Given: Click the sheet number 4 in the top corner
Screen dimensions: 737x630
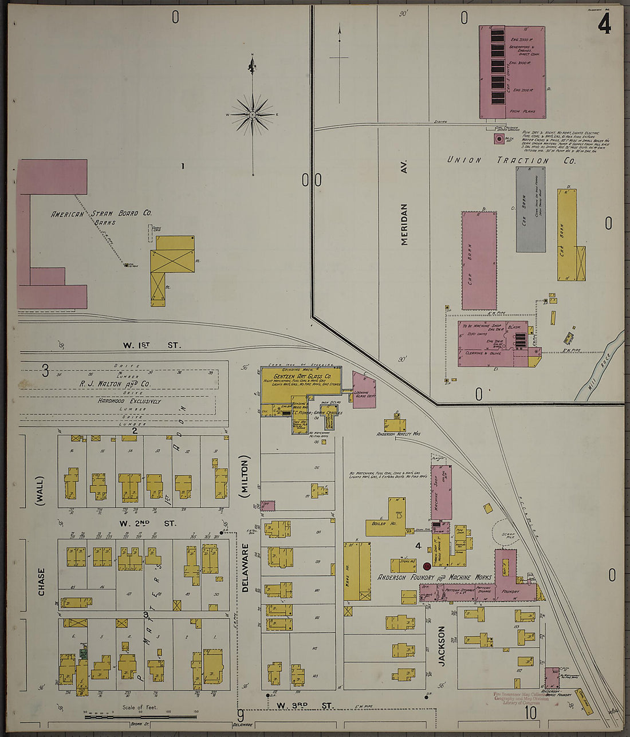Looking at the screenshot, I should coord(604,23).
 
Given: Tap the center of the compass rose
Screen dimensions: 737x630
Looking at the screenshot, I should coord(252,115).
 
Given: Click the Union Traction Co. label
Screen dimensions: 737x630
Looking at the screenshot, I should coord(511,160).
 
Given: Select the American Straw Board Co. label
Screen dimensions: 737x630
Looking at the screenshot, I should coord(101,214).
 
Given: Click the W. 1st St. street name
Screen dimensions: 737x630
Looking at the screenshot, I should coord(152,345).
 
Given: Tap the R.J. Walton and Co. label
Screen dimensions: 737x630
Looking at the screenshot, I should coord(123,384).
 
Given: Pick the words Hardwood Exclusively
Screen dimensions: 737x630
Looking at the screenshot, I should coord(129,401).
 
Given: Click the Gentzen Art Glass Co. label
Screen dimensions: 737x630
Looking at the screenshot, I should coord(302,376).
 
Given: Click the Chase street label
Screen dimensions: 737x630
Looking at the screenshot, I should coord(41,581).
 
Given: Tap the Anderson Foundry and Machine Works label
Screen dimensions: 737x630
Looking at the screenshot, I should coord(434,577).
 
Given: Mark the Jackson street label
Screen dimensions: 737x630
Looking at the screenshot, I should coord(442,645).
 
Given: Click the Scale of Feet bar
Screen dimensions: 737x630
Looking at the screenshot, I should coord(140,715).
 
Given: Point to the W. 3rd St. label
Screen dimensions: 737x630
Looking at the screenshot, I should coord(304,706).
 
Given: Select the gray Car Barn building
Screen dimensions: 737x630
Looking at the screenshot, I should coord(530,210).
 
